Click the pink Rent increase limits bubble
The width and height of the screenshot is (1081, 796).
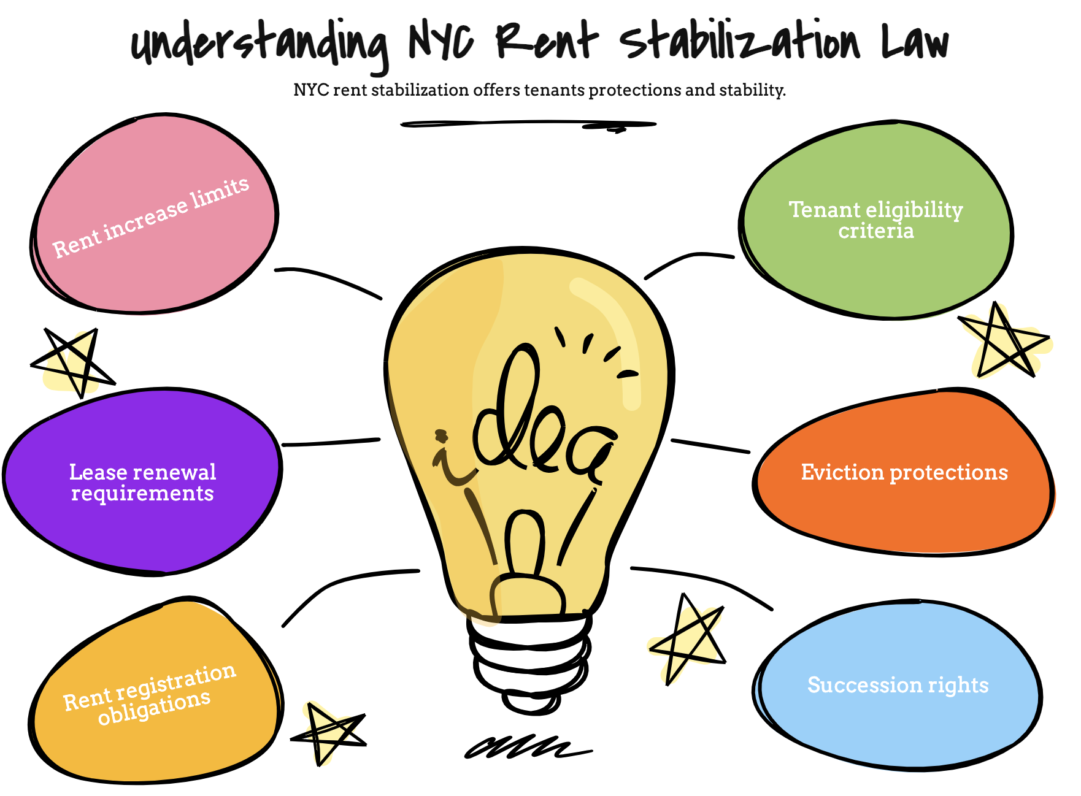point(154,213)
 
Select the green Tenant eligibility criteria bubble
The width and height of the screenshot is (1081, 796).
point(875,220)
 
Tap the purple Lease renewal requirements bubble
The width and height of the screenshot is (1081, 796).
point(142,481)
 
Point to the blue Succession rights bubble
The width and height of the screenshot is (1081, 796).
point(898,685)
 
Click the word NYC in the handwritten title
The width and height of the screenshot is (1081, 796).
point(441,42)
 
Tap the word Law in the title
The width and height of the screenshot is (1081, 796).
point(915,42)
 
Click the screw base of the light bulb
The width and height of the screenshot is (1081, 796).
point(529,662)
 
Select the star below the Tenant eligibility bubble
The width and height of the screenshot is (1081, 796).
point(1006,341)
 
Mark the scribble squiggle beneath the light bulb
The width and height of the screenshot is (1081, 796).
point(528,746)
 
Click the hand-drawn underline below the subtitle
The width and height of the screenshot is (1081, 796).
point(528,124)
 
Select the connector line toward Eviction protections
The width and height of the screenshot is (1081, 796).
point(710,446)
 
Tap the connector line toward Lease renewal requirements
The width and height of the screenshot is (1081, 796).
point(331,442)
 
